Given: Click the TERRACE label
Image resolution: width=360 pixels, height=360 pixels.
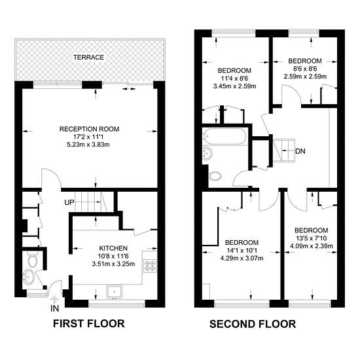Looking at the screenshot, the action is (88, 57).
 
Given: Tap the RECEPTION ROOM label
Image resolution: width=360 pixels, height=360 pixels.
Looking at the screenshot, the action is (89, 129).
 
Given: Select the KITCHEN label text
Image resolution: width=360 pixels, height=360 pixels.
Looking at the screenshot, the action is (113, 248).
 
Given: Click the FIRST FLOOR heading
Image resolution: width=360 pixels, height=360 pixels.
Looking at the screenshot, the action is (89, 323).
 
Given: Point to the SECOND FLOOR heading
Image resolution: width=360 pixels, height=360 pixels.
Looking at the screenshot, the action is (253, 324).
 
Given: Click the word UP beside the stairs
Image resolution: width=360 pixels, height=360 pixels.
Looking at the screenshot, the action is (69, 202).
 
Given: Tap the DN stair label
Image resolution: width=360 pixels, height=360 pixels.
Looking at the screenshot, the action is (300, 151).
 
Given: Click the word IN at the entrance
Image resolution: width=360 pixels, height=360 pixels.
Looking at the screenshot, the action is (54, 308).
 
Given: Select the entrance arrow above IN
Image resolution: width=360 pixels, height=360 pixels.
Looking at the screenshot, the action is (54, 300).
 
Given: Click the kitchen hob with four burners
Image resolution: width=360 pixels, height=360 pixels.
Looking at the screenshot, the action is (150, 266).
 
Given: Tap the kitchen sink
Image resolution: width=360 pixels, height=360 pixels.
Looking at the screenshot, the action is (114, 291).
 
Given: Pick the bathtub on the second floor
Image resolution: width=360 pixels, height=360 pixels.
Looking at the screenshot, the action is (225, 136).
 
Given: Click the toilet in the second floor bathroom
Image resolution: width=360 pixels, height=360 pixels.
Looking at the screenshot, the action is (215, 176).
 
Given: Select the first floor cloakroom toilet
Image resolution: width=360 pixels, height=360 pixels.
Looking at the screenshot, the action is (33, 259).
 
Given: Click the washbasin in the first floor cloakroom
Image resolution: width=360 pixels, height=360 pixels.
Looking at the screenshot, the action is (28, 277).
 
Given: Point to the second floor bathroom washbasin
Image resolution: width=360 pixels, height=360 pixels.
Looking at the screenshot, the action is (208, 153).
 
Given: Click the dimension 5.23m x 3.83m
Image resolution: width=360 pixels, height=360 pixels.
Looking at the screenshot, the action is (88, 145).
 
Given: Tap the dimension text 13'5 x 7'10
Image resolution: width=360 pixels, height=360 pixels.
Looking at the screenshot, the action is (312, 238).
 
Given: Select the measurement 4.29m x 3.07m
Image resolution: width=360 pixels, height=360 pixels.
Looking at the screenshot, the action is (242, 259).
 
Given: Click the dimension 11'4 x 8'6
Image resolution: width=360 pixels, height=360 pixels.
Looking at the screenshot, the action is (234, 79).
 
